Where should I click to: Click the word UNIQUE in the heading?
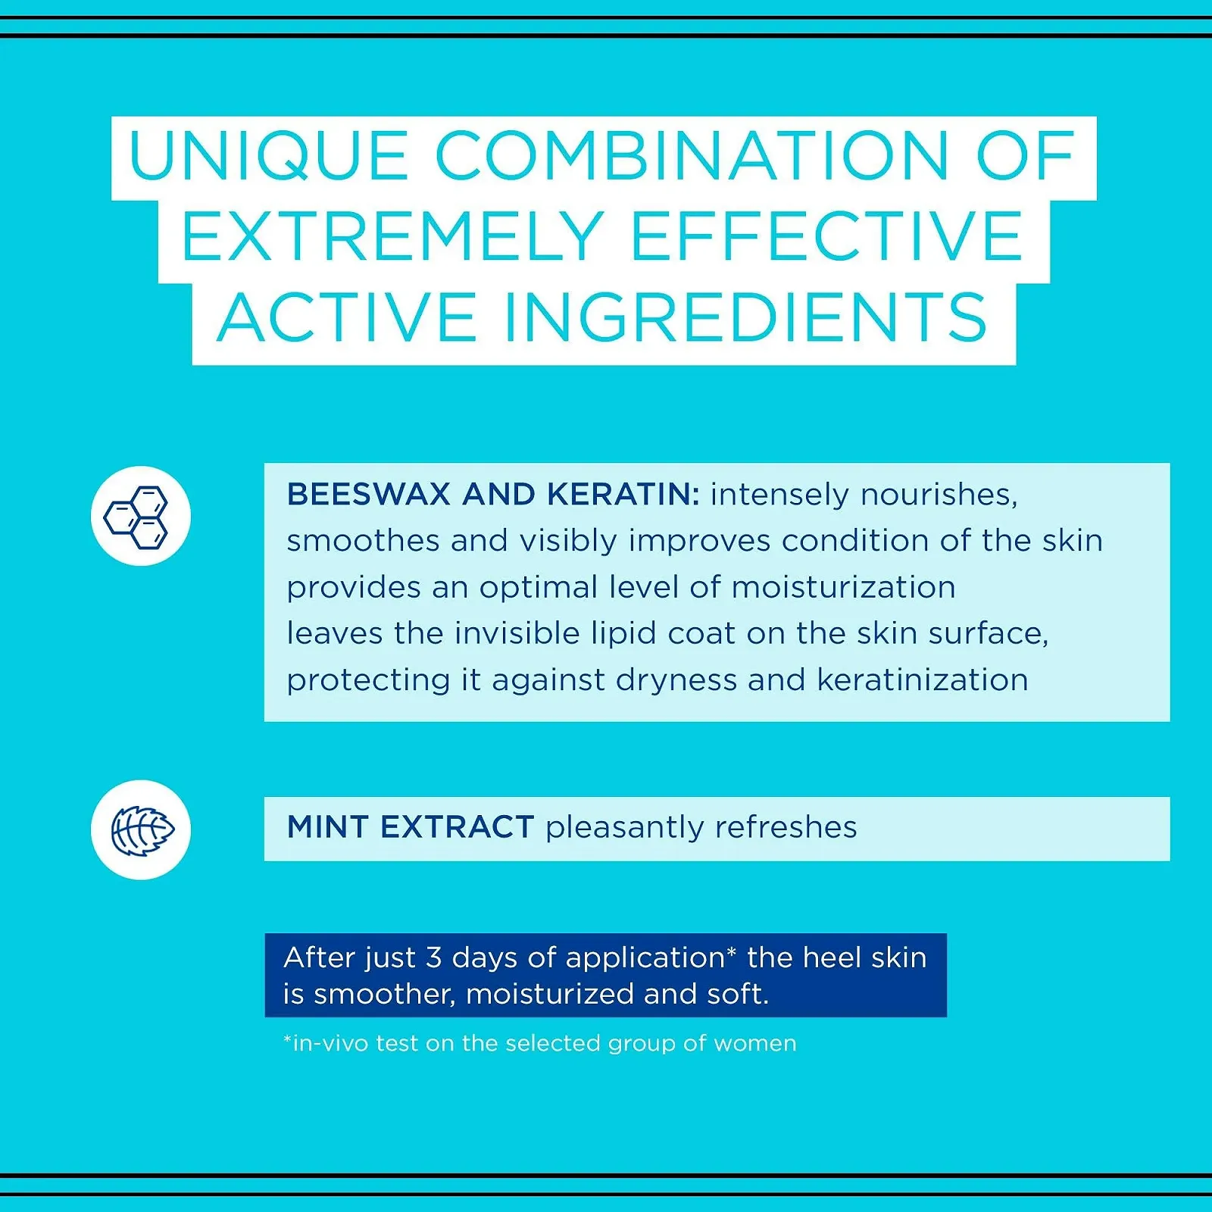(x=268, y=156)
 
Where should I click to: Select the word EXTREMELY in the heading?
(x=392, y=236)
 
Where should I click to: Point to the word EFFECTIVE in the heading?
(x=826, y=236)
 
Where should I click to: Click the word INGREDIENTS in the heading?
(x=745, y=318)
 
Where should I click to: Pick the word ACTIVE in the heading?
(x=347, y=318)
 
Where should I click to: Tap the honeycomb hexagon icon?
(x=136, y=517)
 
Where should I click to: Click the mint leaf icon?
(x=142, y=830)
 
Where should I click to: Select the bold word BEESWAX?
(x=370, y=495)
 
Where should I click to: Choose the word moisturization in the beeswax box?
(x=843, y=588)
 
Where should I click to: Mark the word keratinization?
(x=923, y=680)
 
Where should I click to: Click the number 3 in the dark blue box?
(x=433, y=958)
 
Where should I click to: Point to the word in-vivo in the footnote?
(x=326, y=1044)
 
